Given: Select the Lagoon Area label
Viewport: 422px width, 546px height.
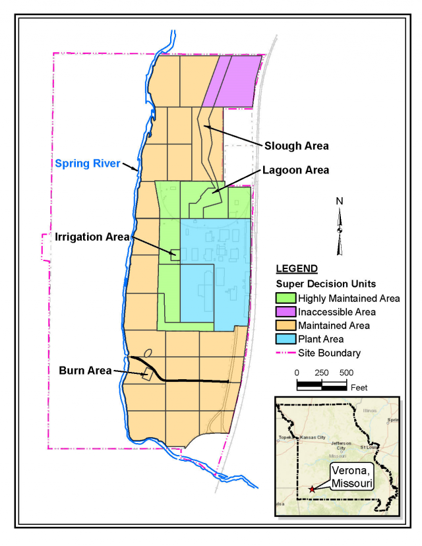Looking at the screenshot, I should click(x=296, y=170).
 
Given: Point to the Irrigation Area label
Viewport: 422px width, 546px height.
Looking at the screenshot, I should click(x=84, y=236).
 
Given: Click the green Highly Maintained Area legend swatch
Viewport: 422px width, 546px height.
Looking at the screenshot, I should click(x=284, y=298).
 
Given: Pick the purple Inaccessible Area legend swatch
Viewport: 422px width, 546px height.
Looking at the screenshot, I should click(x=284, y=311).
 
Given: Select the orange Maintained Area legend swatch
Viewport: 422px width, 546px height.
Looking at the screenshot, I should click(x=284, y=325).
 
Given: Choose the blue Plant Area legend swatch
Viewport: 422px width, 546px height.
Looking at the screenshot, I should click(x=284, y=339).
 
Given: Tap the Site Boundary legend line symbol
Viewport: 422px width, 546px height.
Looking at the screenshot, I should click(x=284, y=353).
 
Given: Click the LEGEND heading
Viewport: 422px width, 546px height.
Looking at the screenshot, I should click(x=297, y=269).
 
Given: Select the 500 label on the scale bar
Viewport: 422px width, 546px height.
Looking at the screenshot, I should click(x=346, y=373).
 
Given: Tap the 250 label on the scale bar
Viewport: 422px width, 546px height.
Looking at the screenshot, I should click(x=321, y=373).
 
